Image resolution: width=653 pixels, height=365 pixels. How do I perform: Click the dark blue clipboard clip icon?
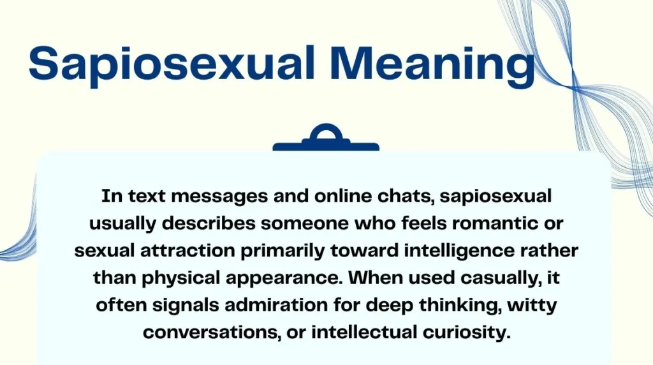[x=326, y=138]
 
